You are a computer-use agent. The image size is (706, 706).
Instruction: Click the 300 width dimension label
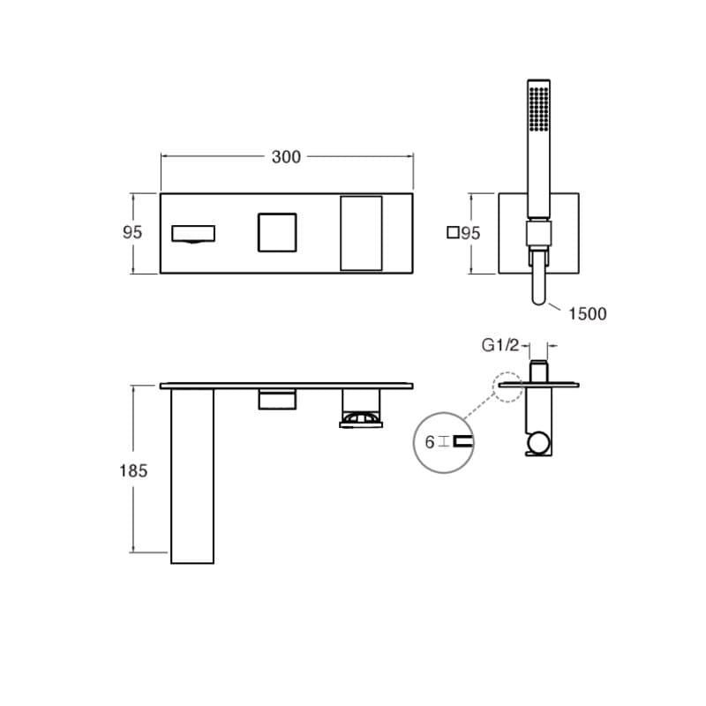[x=286, y=157]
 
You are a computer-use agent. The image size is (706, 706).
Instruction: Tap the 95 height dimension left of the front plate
[x=132, y=232]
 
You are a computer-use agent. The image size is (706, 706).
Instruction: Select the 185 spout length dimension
[x=133, y=470]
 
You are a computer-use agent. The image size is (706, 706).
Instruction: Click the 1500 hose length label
[x=588, y=314]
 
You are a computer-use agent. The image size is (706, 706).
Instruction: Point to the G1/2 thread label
[x=500, y=345]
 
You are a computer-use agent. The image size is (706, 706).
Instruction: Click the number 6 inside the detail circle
[x=430, y=442]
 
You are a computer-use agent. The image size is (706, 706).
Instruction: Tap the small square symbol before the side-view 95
[x=453, y=232]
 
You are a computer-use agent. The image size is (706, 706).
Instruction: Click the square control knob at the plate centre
[x=277, y=232]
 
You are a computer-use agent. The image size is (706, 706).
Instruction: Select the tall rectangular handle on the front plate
[x=361, y=233]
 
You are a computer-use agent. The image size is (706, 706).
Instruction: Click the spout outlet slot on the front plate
[x=193, y=234]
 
